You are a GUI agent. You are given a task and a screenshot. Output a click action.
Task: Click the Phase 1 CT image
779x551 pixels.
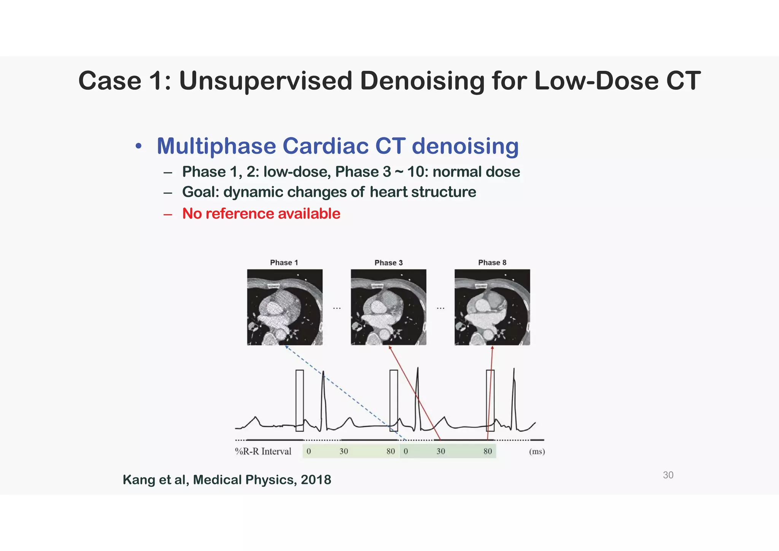tap(285, 307)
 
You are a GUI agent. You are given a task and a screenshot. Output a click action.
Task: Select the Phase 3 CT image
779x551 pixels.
tap(388, 307)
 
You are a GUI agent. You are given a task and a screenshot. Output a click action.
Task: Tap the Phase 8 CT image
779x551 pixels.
tap(492, 307)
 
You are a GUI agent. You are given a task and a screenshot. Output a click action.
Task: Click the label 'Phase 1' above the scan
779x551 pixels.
tap(284, 263)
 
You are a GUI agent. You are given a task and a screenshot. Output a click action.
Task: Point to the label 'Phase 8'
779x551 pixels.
tap(492, 263)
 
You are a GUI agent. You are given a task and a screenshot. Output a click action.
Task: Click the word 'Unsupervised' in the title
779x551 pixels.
tap(265, 81)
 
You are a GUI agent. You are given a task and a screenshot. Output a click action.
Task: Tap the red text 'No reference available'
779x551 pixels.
tap(261, 213)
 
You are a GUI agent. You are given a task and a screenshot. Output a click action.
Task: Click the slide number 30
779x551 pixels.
tap(668, 475)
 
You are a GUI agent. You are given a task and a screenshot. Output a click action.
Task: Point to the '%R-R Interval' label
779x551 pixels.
tap(263, 451)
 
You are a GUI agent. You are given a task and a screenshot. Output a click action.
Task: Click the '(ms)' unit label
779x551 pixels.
tap(537, 451)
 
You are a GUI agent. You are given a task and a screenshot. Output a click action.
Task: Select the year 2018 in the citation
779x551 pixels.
tap(316, 480)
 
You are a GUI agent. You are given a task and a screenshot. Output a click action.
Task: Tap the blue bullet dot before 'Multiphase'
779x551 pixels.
tap(138, 147)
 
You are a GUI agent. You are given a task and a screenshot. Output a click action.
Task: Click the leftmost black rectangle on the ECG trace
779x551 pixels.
tap(300, 400)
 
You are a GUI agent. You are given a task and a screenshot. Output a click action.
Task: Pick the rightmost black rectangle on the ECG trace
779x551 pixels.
tap(490, 400)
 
